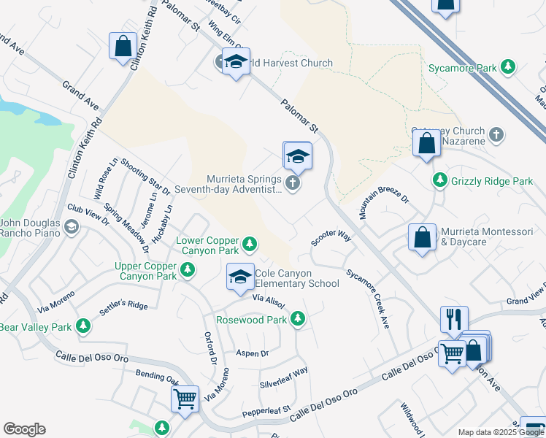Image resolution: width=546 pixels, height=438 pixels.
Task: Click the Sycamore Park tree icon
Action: pos(508,68)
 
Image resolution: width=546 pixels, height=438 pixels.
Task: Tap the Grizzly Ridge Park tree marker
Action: pos(439,180)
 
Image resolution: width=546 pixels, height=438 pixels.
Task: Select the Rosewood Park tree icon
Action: pos(297,319)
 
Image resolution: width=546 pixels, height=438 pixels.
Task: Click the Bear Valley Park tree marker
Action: pos(84,326)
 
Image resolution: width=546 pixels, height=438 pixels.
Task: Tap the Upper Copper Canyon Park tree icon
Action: pos(188,271)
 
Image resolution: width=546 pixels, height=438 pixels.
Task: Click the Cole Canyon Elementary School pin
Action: pos(240,277)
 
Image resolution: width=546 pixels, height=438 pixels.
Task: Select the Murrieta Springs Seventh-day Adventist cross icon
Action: pos(293,183)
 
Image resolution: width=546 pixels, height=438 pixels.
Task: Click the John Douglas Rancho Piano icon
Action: pos(71,227)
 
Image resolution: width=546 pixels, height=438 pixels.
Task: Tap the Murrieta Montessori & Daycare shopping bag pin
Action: pos(422,238)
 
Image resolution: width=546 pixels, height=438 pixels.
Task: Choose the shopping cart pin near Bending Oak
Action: pos(185,399)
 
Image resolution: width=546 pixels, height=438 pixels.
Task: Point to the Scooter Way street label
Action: pos(331,238)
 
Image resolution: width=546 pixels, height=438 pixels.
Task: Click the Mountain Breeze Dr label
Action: pos(385,204)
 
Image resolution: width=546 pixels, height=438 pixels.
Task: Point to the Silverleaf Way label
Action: pos(284,378)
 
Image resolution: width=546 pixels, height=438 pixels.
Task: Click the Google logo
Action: pos(24,429)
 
